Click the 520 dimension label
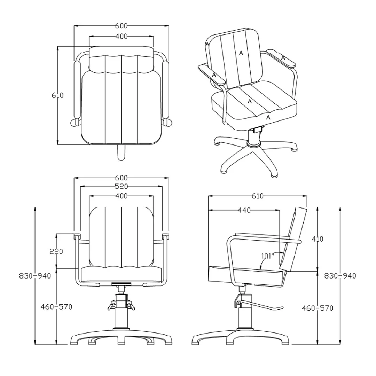click(x=122, y=186)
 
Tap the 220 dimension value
click(x=56, y=252)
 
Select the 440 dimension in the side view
click(x=244, y=210)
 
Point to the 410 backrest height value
click(x=318, y=239)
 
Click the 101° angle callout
click(x=267, y=256)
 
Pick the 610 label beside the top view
click(x=58, y=95)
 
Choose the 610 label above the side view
click(x=257, y=196)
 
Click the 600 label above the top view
click(x=122, y=26)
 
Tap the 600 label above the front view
click(x=122, y=178)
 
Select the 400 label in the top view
click(x=122, y=37)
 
